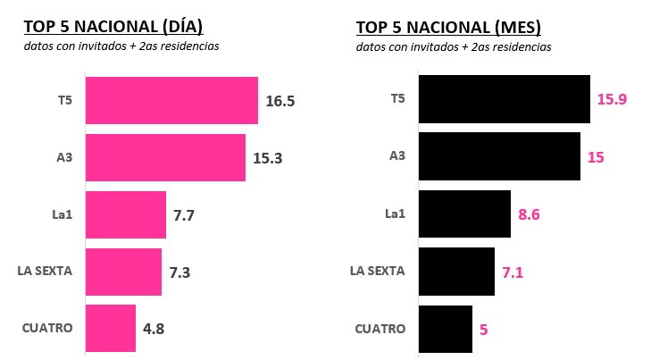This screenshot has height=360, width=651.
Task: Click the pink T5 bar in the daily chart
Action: point(171,100)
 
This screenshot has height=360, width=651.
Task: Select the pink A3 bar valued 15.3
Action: point(165,157)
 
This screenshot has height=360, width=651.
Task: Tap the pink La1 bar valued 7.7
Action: point(126,214)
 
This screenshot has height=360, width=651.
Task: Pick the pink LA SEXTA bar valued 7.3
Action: point(123,272)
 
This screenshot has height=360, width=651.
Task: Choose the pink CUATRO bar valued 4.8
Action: point(111,328)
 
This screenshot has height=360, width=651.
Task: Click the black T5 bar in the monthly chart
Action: point(505,99)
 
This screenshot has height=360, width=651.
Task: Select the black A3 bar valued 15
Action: point(499,156)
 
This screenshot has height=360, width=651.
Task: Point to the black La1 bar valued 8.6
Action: point(464,213)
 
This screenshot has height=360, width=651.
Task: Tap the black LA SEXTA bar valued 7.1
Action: point(456,272)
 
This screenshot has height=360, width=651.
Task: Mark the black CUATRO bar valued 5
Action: point(446,329)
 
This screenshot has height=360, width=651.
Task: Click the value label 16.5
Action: point(280,101)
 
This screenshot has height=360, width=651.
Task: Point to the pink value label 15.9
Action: point(612,99)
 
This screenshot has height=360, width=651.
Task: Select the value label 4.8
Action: point(154,329)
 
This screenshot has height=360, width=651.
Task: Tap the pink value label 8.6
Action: point(530,214)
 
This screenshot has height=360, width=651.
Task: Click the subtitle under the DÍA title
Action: point(121,46)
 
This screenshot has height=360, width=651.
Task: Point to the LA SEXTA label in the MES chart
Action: point(378,272)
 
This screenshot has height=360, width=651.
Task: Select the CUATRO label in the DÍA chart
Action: point(46,328)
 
